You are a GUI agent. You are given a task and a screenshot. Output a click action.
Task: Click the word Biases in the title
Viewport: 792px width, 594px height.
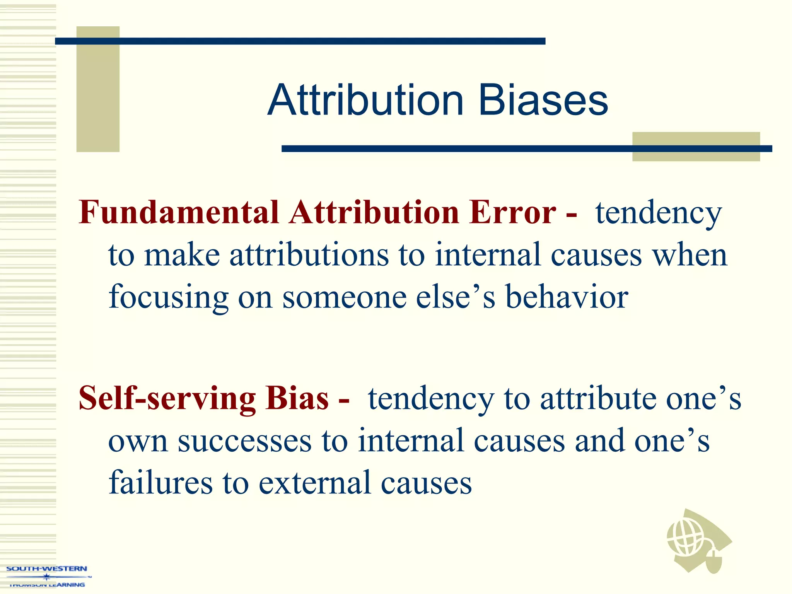[x=543, y=101]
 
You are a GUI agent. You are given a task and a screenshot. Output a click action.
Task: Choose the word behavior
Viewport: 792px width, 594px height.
[x=567, y=297]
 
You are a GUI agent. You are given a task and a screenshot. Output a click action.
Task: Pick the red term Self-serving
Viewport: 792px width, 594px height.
[x=167, y=398]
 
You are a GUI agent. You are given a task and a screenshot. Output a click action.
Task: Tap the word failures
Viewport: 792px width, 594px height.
[x=160, y=483]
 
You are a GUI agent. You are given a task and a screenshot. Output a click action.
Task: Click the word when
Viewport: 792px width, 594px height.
[x=690, y=255]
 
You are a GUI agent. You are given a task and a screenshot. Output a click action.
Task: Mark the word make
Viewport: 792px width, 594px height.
[x=182, y=255]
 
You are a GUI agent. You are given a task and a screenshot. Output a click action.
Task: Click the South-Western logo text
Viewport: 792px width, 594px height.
[x=47, y=569]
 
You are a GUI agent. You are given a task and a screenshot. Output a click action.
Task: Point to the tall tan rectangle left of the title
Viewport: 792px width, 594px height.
[x=98, y=89]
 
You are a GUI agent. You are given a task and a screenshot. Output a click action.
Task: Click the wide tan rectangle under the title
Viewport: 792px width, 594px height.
[x=696, y=147]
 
